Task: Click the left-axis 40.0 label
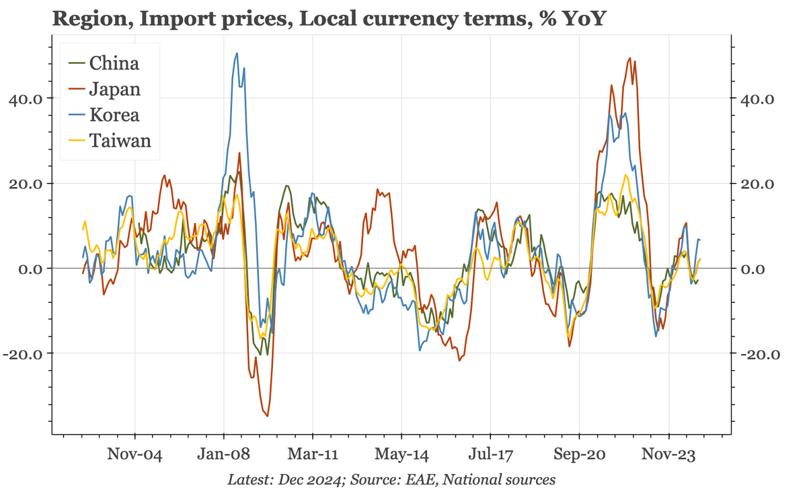pos(26,99)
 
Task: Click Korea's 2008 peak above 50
pos(237,53)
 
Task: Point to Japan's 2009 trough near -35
pos(267,416)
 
